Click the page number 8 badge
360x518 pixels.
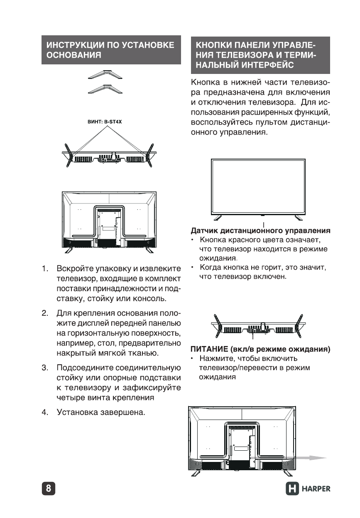(x=49, y=488)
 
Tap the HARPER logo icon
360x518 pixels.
(x=292, y=489)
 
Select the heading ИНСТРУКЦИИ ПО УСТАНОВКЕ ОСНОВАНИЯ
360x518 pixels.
(x=111, y=50)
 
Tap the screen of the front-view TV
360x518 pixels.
(x=258, y=186)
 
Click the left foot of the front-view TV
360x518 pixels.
(x=218, y=217)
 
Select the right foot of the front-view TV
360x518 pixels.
(x=299, y=217)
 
